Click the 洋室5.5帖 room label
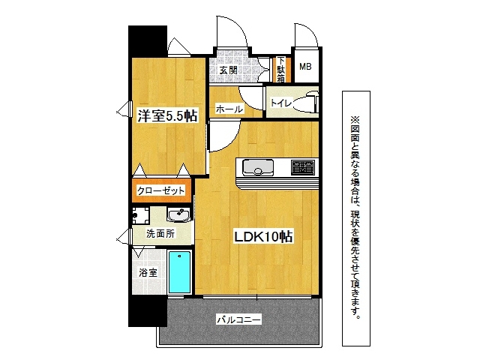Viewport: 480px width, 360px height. [x=167, y=115]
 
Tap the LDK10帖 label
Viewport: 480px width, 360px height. [x=263, y=236]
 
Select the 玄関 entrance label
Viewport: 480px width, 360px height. [x=229, y=70]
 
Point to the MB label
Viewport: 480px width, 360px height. [x=305, y=67]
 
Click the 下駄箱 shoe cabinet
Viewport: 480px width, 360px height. [x=281, y=70]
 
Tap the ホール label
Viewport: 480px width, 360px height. [x=229, y=109]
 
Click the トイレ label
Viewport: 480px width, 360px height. [x=280, y=103]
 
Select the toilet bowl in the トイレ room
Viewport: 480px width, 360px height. [x=306, y=102]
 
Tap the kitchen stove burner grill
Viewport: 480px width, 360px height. [x=303, y=167]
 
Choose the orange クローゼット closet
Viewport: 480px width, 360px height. [x=162, y=190]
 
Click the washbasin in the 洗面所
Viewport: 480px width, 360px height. [x=178, y=214]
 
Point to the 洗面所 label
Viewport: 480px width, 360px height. [x=160, y=234]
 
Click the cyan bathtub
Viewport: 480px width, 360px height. [x=180, y=272]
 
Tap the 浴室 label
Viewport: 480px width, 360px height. [x=148, y=272]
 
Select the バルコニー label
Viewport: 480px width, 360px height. [x=239, y=320]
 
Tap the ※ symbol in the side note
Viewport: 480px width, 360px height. [x=355, y=118]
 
